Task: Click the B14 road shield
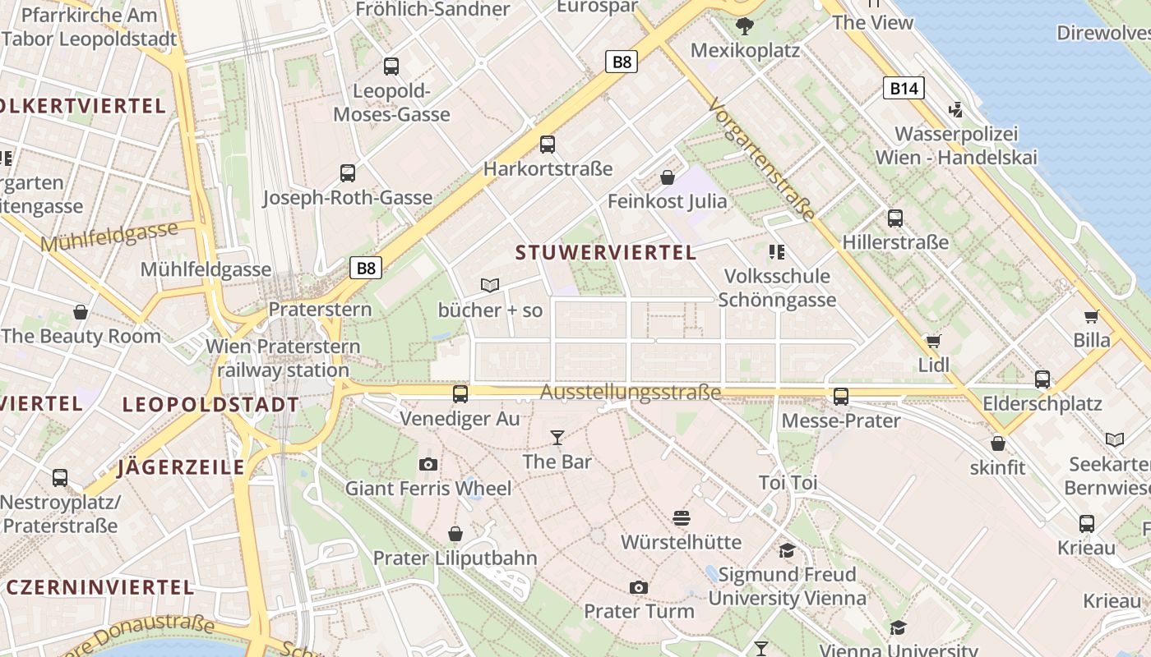pos(904,88)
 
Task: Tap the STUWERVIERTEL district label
pos(606,252)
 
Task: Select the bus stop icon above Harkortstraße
pos(548,145)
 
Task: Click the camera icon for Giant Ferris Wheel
pos(428,465)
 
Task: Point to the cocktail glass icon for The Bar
pos(557,438)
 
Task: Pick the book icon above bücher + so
pos(490,286)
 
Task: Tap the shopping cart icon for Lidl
pos(933,341)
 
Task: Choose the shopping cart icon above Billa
pos(1092,316)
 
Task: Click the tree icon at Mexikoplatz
pos(745,26)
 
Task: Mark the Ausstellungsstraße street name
pos(631,393)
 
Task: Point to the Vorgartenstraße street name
pos(762,159)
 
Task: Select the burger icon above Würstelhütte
pos(681,518)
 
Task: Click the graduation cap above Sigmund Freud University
pos(788,550)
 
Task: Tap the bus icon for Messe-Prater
pos(841,396)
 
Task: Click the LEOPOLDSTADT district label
pos(210,404)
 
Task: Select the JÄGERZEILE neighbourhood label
pos(181,467)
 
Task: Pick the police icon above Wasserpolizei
pos(955,109)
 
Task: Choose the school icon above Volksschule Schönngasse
pos(776,251)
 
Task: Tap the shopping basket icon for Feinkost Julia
pos(668,177)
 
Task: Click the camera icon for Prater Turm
pos(639,587)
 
